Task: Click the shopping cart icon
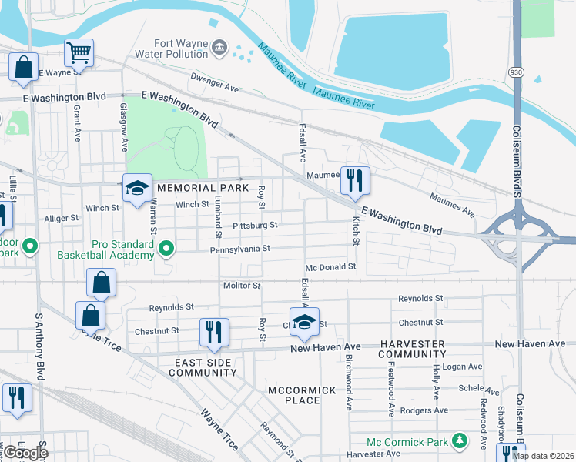tap(79, 53)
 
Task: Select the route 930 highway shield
tap(516, 71)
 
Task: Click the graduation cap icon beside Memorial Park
tap(137, 189)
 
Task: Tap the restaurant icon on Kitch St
tap(355, 181)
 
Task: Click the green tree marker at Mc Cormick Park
tap(460, 440)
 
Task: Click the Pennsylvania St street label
tap(240, 249)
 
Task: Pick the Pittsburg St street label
tap(254, 226)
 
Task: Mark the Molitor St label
tap(242, 286)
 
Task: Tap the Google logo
tap(25, 453)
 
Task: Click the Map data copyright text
tap(543, 456)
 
